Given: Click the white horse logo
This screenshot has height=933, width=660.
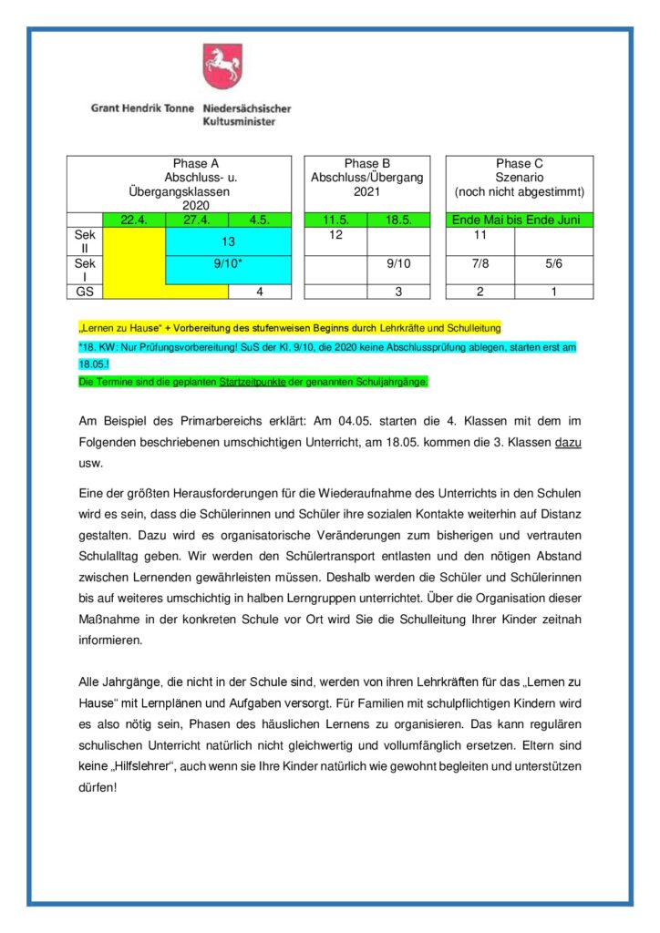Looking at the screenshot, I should pos(222,66).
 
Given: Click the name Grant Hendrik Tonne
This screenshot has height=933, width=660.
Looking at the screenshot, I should pos(142,108).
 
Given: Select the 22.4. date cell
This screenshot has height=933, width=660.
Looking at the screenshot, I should pos(133,220).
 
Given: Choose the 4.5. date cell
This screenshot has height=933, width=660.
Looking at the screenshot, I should pos(259,220).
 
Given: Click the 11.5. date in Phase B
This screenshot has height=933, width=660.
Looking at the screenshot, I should pos(335,220).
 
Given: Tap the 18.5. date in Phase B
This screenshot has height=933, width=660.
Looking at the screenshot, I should pos(397,220).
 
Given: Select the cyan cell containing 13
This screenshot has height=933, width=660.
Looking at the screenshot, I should pos(228,241).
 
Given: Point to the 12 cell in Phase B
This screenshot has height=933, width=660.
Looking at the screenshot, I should pos(335,235).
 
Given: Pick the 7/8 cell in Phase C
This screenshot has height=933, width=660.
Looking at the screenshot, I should pos(480,263).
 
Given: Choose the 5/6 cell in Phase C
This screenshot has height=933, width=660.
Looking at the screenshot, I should pos(553,263).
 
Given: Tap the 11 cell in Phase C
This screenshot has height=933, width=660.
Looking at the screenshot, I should pos(480,235).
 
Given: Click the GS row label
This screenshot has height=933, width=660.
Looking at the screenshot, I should pos(85,292).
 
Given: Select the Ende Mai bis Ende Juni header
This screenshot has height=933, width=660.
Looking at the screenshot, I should pos(519,220).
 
